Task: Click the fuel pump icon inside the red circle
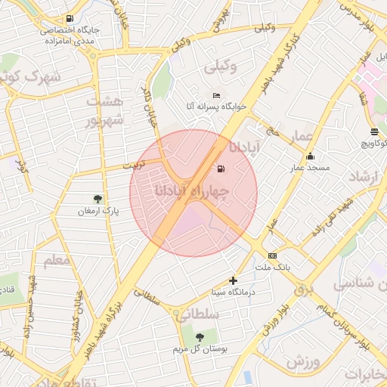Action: pos(221,169)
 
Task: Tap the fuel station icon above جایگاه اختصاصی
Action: pos(70,18)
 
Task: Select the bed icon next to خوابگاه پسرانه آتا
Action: pos(216,96)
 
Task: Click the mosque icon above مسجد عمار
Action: pos(309,156)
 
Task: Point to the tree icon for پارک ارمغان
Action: pos(98,199)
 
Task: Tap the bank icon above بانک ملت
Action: pos(272,255)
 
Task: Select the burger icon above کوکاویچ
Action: pos(375,132)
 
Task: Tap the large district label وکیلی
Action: pos(221,67)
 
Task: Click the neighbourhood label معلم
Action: pos(57,262)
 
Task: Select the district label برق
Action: pos(303,288)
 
